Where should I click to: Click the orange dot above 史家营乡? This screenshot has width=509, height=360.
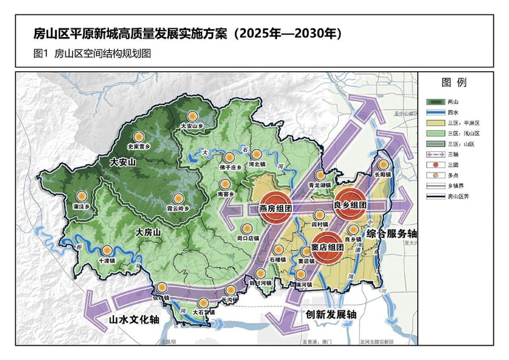[138, 135]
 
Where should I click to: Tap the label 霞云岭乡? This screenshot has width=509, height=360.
[177, 208]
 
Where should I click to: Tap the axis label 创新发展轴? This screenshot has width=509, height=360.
[326, 314]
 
